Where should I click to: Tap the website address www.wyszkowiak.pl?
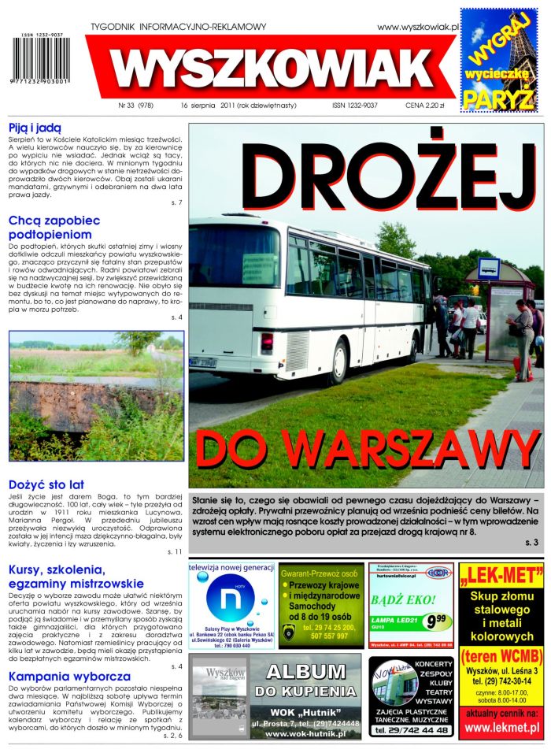click(x=417, y=27)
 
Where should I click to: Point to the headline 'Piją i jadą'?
click(x=35, y=128)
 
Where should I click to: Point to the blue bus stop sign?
click(x=488, y=269)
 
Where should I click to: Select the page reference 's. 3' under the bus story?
click(x=531, y=543)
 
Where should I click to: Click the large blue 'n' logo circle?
click(x=229, y=605)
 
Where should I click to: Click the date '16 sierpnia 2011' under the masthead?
click(x=206, y=104)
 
